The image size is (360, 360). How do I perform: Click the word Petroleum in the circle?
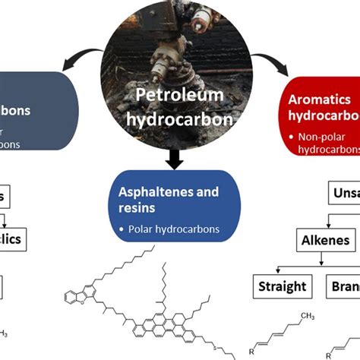coord(179,96)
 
